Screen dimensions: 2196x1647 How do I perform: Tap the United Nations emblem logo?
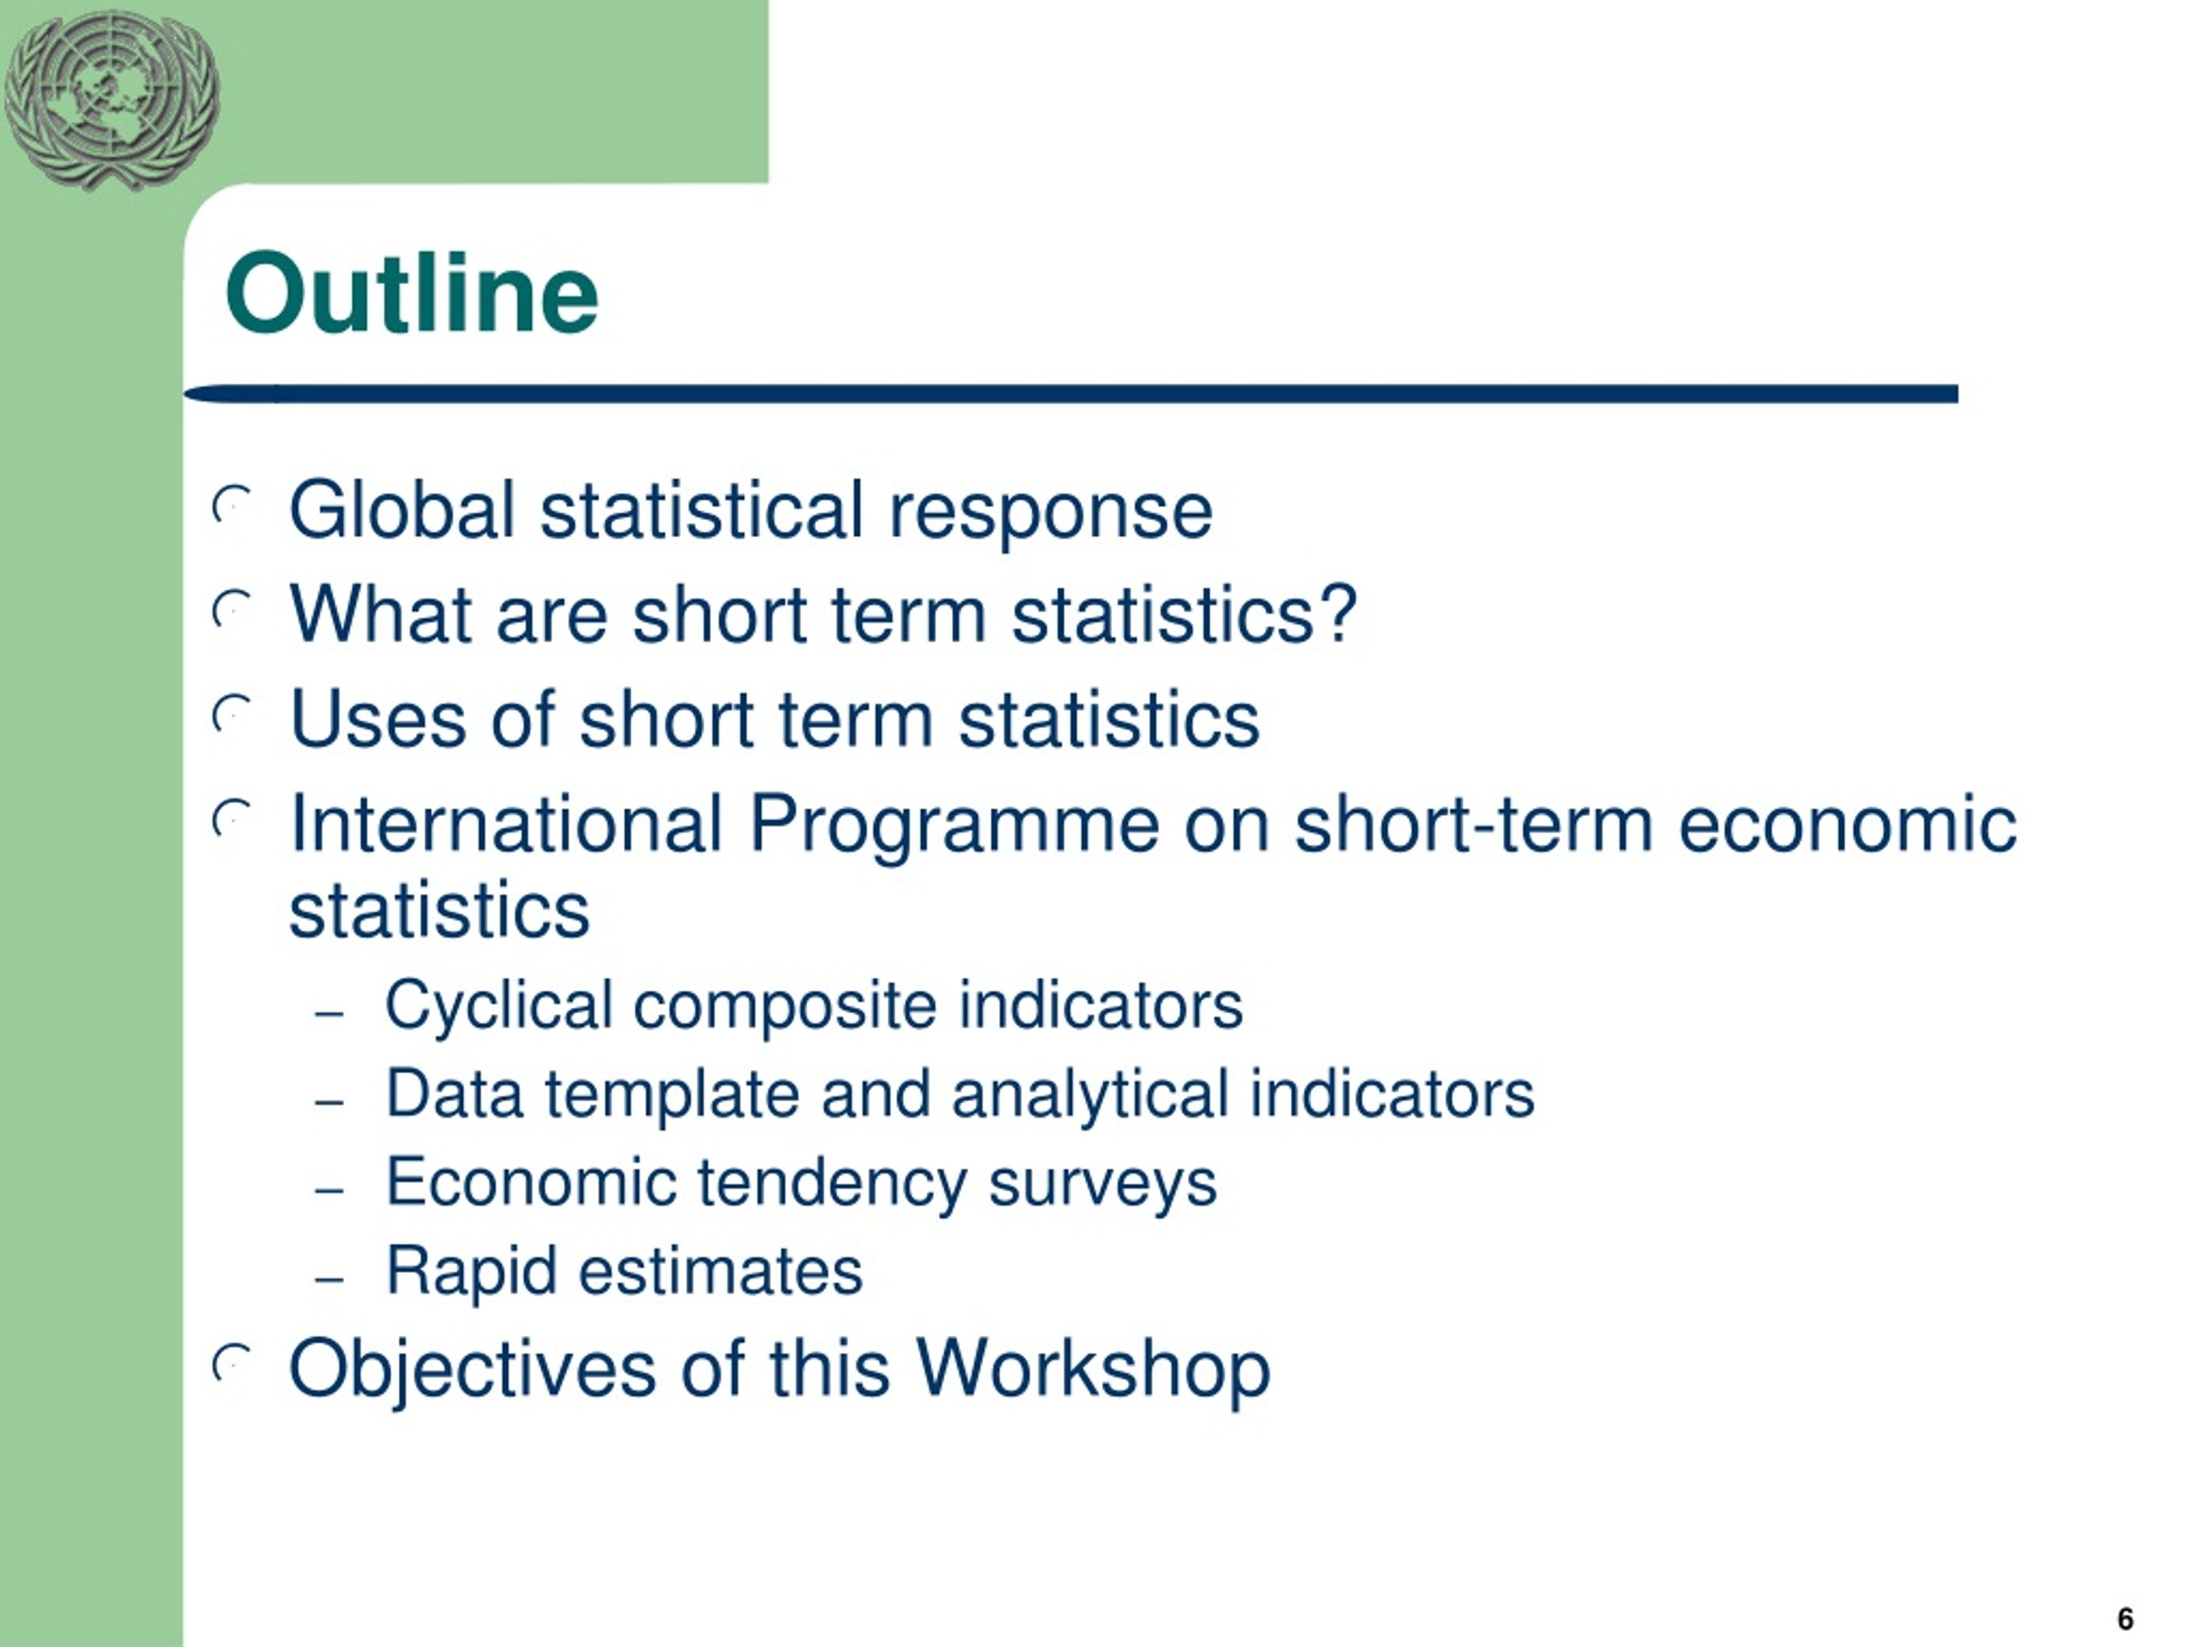point(112,100)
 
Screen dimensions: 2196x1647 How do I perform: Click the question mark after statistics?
point(1339,614)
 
